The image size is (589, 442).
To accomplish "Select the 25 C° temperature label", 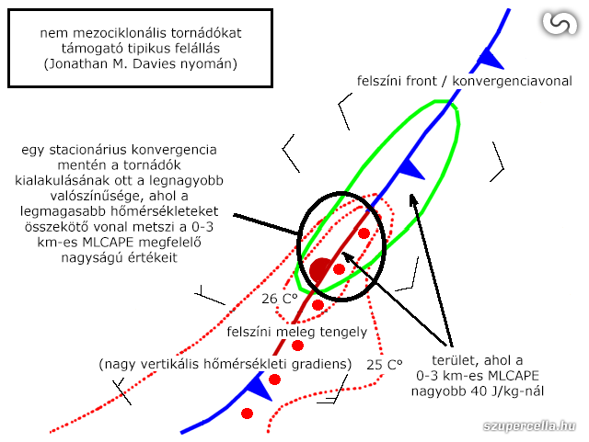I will [384, 365].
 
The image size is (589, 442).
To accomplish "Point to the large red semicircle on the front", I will [319, 270].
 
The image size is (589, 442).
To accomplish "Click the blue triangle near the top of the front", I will [492, 60].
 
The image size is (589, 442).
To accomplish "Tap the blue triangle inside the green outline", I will [410, 168].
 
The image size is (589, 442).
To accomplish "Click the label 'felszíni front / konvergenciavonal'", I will [464, 81].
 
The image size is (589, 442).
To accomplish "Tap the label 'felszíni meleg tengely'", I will [296, 332].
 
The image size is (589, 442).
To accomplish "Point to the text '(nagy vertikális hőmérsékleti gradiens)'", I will [225, 365].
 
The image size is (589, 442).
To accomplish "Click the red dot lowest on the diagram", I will [247, 414].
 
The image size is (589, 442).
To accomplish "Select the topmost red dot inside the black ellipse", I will [364, 233].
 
